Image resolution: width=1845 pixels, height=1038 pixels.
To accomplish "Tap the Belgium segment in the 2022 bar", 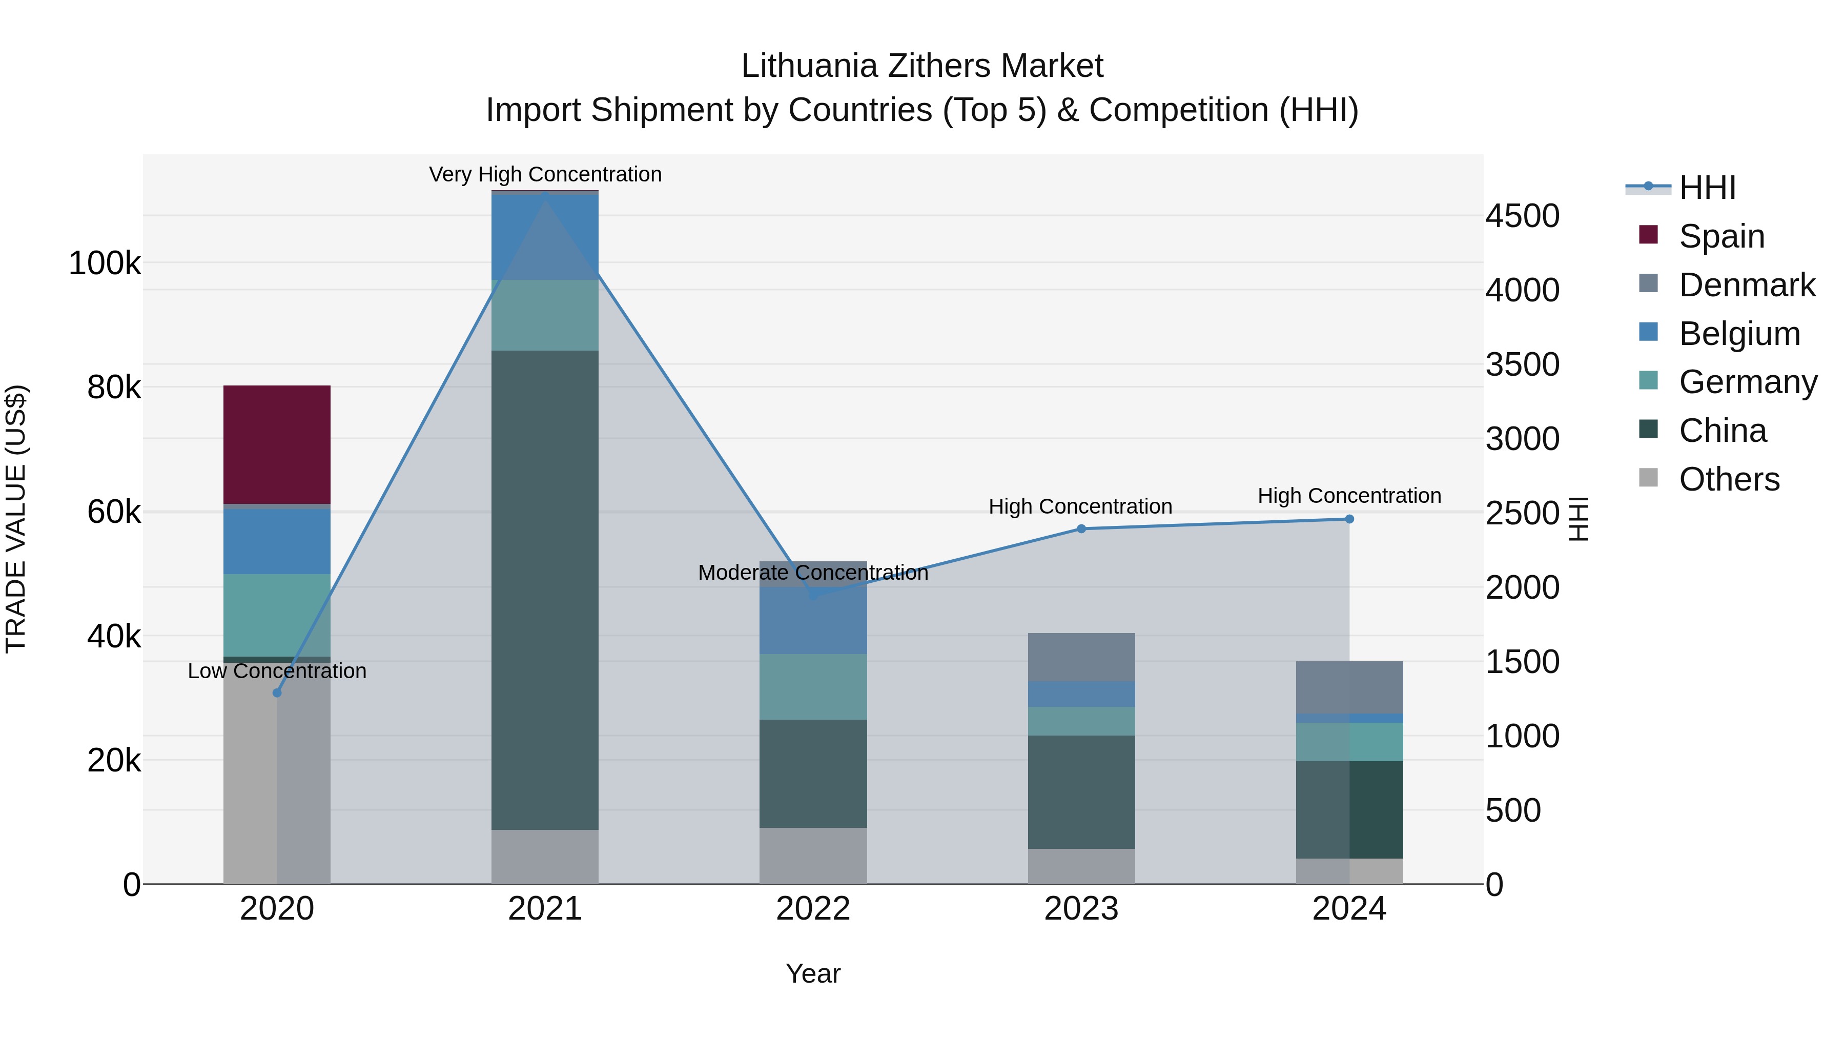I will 813,620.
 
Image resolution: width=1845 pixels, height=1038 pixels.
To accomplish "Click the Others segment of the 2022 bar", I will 813,856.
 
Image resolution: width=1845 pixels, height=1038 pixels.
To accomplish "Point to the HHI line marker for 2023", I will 1081,528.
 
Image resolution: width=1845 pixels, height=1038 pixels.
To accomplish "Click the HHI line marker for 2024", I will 1349,519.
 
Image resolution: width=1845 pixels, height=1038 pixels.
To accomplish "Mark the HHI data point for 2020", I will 277,693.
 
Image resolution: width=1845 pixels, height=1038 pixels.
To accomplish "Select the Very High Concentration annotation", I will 545,174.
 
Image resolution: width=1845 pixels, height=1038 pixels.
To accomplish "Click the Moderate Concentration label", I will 813,573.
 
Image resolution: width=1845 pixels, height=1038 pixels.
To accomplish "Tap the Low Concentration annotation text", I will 277,670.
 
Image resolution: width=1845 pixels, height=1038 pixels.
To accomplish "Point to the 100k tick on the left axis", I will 105,263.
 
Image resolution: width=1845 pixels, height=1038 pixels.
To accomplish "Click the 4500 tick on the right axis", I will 1522,216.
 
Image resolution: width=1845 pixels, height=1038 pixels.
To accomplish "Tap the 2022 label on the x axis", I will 813,909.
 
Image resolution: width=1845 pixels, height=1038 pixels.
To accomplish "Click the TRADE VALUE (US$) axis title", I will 16,519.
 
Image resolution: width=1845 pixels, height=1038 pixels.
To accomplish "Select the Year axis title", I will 813,973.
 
